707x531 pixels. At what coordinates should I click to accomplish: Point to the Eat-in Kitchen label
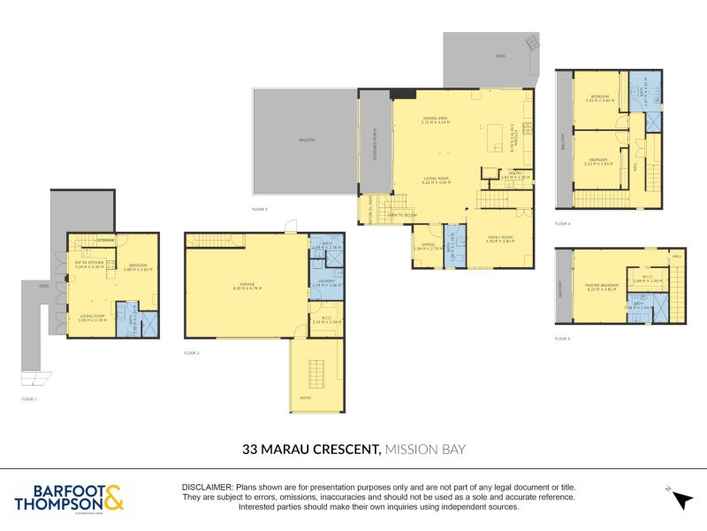click(x=89, y=264)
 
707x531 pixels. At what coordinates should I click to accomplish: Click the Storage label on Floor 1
click(x=106, y=240)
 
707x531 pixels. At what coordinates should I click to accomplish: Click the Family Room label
click(x=502, y=239)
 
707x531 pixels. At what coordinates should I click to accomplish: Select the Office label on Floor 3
click(x=428, y=245)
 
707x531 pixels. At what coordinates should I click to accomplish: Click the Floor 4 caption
click(x=562, y=224)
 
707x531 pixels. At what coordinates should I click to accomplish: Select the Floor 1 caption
click(x=29, y=399)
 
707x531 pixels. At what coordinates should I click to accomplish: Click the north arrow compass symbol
click(x=680, y=500)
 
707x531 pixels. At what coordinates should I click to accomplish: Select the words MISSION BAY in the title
click(x=426, y=450)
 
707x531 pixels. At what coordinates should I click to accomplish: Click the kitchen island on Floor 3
click(x=495, y=135)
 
